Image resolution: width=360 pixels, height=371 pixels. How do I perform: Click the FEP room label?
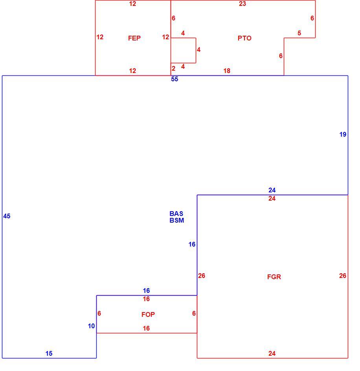coord(134,38)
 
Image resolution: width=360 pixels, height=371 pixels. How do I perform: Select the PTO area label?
coord(244,38)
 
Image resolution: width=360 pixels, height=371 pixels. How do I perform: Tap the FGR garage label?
coord(274,277)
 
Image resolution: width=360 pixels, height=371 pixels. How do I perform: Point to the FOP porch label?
coord(148,314)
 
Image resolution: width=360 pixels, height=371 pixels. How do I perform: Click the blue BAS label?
coord(176,214)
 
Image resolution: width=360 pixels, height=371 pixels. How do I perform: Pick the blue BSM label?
coord(177,220)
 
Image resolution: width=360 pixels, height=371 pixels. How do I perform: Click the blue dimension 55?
coord(174,79)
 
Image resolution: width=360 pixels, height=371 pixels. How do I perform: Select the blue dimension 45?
coord(7,216)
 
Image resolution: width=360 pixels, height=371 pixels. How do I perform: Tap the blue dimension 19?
coord(343,134)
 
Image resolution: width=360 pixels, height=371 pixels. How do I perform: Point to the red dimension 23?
coord(242,4)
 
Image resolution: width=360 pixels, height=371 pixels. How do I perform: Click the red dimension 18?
coord(227,71)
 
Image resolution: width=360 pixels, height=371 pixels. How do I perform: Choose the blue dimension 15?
coord(49,353)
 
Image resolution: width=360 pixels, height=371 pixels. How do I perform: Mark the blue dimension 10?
coord(91,326)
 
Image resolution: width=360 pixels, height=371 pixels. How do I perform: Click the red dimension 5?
coord(299,33)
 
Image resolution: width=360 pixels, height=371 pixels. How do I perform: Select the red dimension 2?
coord(174,68)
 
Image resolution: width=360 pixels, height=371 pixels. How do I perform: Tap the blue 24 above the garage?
coord(272,190)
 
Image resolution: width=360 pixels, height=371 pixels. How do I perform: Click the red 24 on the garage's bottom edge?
coord(272,353)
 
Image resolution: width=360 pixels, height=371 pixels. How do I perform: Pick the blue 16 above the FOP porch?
coord(146,291)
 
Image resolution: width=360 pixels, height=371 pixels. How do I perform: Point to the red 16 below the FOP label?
coord(146,329)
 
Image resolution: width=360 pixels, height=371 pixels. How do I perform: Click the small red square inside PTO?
coord(196,50)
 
